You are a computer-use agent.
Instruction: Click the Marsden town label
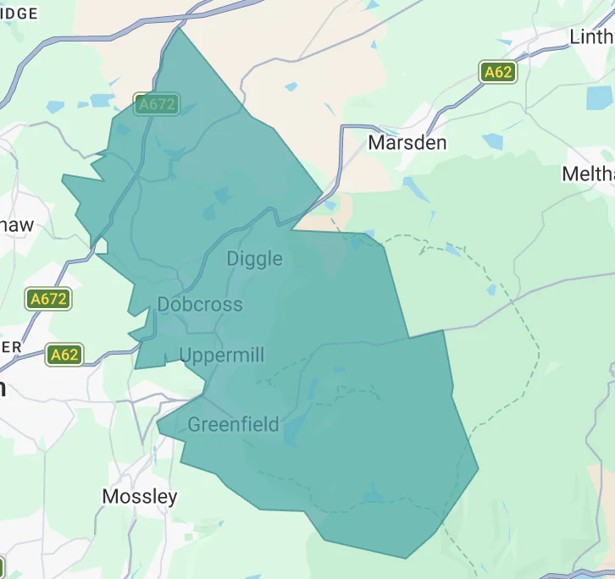pyautogui.click(x=407, y=142)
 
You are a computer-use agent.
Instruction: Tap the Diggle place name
pyautogui.click(x=254, y=259)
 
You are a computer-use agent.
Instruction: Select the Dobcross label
pyautogui.click(x=200, y=305)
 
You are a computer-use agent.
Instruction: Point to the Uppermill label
pyautogui.click(x=223, y=356)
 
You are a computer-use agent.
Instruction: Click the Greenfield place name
pyautogui.click(x=233, y=424)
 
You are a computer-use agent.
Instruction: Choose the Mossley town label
pyautogui.click(x=140, y=497)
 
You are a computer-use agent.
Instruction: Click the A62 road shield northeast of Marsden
pyautogui.click(x=497, y=72)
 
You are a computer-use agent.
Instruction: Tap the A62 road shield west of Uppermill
pyautogui.click(x=64, y=354)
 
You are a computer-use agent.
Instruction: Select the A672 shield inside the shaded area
pyautogui.click(x=157, y=104)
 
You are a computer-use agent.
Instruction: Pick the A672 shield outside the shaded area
pyautogui.click(x=48, y=299)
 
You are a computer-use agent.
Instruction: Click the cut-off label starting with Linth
pyautogui.click(x=591, y=37)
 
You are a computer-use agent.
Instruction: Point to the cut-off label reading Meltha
pyautogui.click(x=588, y=174)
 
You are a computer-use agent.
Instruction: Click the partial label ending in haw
pyautogui.click(x=17, y=225)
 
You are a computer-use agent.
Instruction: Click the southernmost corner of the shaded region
pyautogui.click(x=405, y=559)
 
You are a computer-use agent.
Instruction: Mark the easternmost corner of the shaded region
pyautogui.click(x=479, y=467)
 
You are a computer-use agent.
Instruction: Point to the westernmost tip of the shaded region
pyautogui.click(x=63, y=177)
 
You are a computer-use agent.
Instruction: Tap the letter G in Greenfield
pyautogui.click(x=195, y=424)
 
